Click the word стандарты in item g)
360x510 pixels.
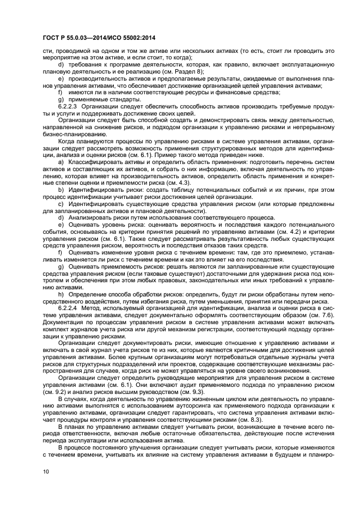(109, 99)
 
